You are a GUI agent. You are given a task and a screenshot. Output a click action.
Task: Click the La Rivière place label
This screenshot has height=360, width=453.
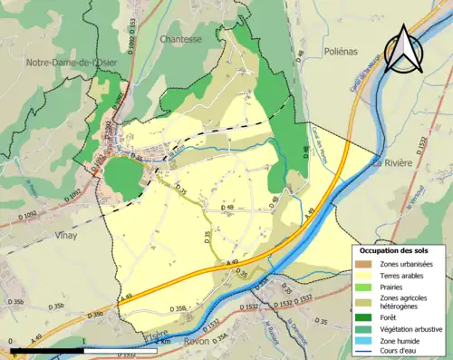pyautogui.click(x=392, y=162)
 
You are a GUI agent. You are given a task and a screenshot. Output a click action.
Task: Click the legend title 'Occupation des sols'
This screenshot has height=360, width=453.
pyautogui.click(x=400, y=249)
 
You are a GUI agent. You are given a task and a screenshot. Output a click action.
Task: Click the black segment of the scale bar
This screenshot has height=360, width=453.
pyautogui.click(x=45, y=349)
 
